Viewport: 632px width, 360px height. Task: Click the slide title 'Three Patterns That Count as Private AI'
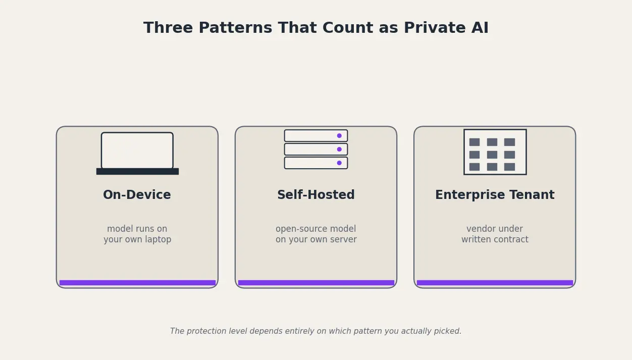coord(315,28)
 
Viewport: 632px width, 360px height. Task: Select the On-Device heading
coord(137,195)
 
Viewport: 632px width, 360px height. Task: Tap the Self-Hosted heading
coord(315,195)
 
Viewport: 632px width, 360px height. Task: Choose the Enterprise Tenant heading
coord(494,195)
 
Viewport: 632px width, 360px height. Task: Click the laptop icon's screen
coord(137,150)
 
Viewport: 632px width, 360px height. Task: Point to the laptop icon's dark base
coord(137,171)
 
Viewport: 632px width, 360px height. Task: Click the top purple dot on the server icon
coord(339,136)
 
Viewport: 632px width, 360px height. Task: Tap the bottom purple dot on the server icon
coord(339,163)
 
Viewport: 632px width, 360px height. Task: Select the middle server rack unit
coord(315,149)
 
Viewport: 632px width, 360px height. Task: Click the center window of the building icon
coord(492,155)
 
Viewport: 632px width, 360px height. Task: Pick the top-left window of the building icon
coord(474,142)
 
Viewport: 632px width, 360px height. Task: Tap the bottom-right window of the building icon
coord(509,167)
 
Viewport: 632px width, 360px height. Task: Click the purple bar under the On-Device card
coord(137,283)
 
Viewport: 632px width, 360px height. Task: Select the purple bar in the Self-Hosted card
coord(315,283)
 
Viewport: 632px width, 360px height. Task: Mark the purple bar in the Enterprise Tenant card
coord(494,283)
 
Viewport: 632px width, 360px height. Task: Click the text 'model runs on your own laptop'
coord(137,234)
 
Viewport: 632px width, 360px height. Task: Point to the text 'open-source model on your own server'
coord(315,234)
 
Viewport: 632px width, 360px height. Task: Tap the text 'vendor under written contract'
coord(494,234)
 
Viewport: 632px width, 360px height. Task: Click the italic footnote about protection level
coord(315,331)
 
